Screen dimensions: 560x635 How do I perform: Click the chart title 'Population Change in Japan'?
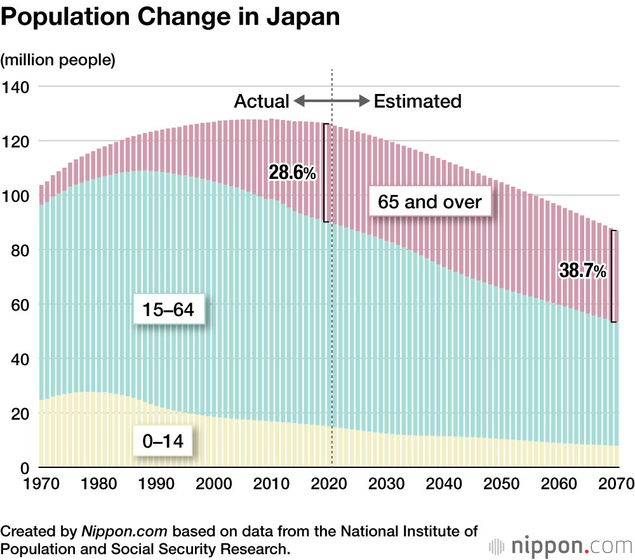pyautogui.click(x=170, y=18)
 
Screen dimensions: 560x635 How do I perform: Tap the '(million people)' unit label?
pyautogui.click(x=58, y=60)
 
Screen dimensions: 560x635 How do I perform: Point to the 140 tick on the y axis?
pyautogui.click(x=16, y=86)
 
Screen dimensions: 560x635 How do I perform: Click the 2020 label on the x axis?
pyautogui.click(x=331, y=484)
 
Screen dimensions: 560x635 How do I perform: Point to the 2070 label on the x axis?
pyautogui.click(x=616, y=484)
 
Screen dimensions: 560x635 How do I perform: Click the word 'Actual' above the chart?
pyautogui.click(x=262, y=101)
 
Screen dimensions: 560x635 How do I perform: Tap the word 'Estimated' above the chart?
pyautogui.click(x=417, y=101)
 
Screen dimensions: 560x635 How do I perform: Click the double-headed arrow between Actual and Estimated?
pyautogui.click(x=331, y=101)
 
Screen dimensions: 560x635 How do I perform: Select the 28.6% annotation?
pyautogui.click(x=292, y=172)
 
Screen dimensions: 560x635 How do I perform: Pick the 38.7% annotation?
pyautogui.click(x=582, y=271)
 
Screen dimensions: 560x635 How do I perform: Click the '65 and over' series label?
pyautogui.click(x=430, y=203)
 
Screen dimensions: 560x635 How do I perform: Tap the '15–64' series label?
pyautogui.click(x=169, y=310)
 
